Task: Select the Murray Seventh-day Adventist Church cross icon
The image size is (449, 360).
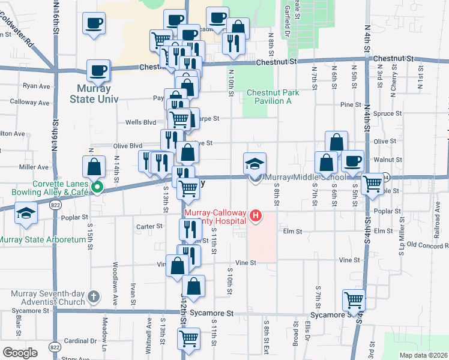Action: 92,296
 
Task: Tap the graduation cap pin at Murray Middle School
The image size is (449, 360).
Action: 255,164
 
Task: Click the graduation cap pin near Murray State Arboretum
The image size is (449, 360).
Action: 26,213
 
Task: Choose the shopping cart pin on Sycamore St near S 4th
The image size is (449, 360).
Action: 354,300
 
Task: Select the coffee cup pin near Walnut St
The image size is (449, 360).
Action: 352,161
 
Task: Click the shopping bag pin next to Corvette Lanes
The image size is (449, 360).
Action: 94,166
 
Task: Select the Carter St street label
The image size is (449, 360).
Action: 149,227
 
